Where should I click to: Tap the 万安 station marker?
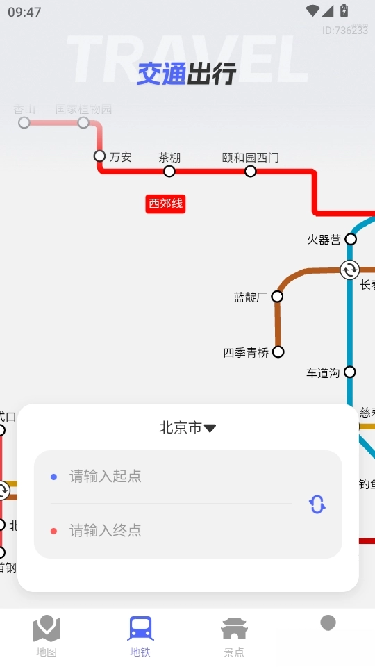[x=99, y=156]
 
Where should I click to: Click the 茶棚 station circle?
[x=169, y=171]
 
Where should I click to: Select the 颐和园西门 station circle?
[x=250, y=171]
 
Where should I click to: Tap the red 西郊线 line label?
[x=165, y=204]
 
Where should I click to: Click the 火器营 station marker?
[x=351, y=239]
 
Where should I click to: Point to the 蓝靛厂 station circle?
[x=277, y=297]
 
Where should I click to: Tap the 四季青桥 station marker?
[x=278, y=352]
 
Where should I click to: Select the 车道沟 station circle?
[x=350, y=372]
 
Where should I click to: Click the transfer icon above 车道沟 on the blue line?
[x=349, y=270]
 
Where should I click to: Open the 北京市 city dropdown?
[x=187, y=428]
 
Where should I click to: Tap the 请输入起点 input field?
[x=174, y=477]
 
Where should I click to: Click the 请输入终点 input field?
[x=174, y=531]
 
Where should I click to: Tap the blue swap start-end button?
[x=317, y=504]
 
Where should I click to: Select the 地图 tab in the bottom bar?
[x=47, y=635]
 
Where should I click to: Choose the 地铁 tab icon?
[x=140, y=629]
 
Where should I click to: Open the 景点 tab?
[x=234, y=635]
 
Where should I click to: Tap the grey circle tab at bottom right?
[x=328, y=623]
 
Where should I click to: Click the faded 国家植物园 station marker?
[x=83, y=123]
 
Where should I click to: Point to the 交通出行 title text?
[x=187, y=74]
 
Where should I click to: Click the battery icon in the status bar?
[x=344, y=11]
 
